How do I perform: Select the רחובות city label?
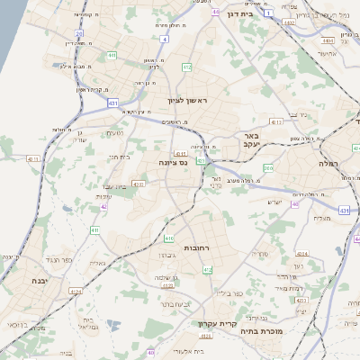196,247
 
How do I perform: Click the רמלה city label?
326,163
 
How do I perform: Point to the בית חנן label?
119,157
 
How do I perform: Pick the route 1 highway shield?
268,13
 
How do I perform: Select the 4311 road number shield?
34,158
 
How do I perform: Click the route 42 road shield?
104,206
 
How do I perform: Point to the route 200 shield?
268,168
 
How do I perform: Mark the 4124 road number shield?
76,292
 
